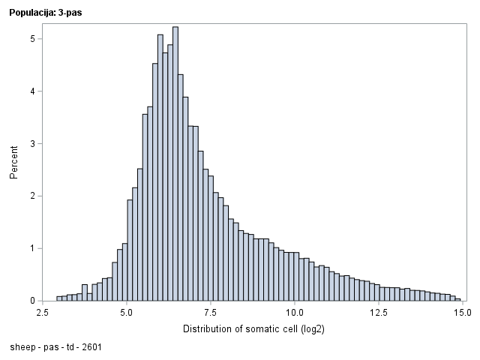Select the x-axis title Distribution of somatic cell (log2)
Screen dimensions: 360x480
click(x=253, y=329)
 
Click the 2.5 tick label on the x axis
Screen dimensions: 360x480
click(x=43, y=312)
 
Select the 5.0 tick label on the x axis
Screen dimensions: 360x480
click(x=127, y=312)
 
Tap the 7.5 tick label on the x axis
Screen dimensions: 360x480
click(x=211, y=312)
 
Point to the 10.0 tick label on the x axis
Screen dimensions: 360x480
click(x=295, y=312)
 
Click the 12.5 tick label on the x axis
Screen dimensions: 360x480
click(x=379, y=312)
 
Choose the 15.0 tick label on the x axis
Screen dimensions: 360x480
click(x=462, y=312)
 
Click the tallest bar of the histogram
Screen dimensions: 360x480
click(x=175, y=165)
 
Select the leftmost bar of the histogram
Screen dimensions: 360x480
click(x=59, y=298)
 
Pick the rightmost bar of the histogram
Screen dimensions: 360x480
click(x=457, y=299)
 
